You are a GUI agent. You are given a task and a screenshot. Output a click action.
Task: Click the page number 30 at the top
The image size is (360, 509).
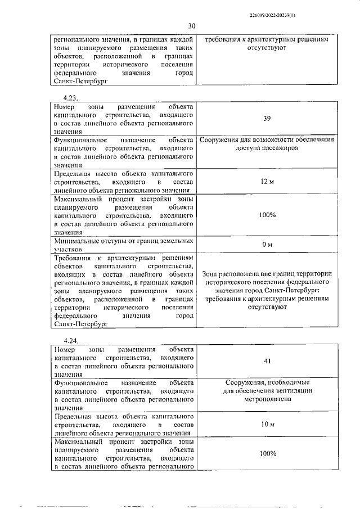[192, 26]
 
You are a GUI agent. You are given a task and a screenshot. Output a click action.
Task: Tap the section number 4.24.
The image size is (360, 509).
[71, 341]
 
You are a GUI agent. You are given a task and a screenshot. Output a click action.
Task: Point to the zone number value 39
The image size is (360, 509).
[268, 119]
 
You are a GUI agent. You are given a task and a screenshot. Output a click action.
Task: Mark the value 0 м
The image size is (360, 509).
[267, 244]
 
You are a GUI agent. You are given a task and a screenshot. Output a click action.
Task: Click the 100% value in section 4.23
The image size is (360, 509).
[268, 215]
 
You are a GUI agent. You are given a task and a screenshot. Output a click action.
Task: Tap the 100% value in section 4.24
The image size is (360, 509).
[268, 453]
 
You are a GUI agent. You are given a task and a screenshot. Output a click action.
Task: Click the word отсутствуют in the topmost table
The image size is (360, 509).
[267, 49]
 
